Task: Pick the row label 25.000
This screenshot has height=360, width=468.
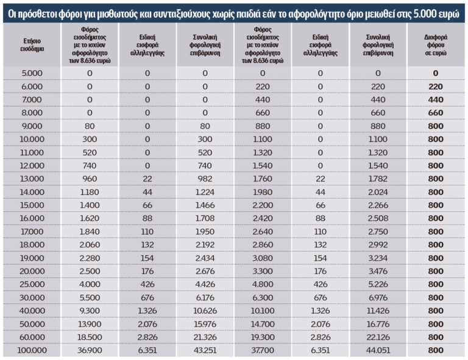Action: coord(32,284)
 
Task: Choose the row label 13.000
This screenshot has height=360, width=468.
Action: coord(32,178)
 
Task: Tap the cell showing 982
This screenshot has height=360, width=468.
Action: coord(205,178)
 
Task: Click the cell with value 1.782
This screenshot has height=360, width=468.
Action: coord(378,178)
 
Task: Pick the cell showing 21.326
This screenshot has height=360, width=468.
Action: coord(205,337)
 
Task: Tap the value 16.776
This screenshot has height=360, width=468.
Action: coord(378,324)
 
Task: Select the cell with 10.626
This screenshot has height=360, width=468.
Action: coord(205,311)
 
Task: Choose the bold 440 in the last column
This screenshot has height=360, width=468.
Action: coord(435,99)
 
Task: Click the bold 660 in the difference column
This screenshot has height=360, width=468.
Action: coord(435,113)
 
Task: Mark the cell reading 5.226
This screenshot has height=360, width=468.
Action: coord(378,284)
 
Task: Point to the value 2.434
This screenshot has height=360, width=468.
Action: coord(205,258)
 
